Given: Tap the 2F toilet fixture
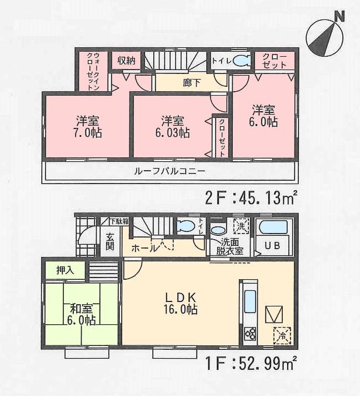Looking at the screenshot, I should (x=241, y=61).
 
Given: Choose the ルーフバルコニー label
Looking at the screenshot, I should (x=169, y=171).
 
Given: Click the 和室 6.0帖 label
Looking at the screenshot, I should (x=82, y=314).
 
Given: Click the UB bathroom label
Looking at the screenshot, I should (x=272, y=245).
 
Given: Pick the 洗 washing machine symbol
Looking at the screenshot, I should (x=240, y=227).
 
